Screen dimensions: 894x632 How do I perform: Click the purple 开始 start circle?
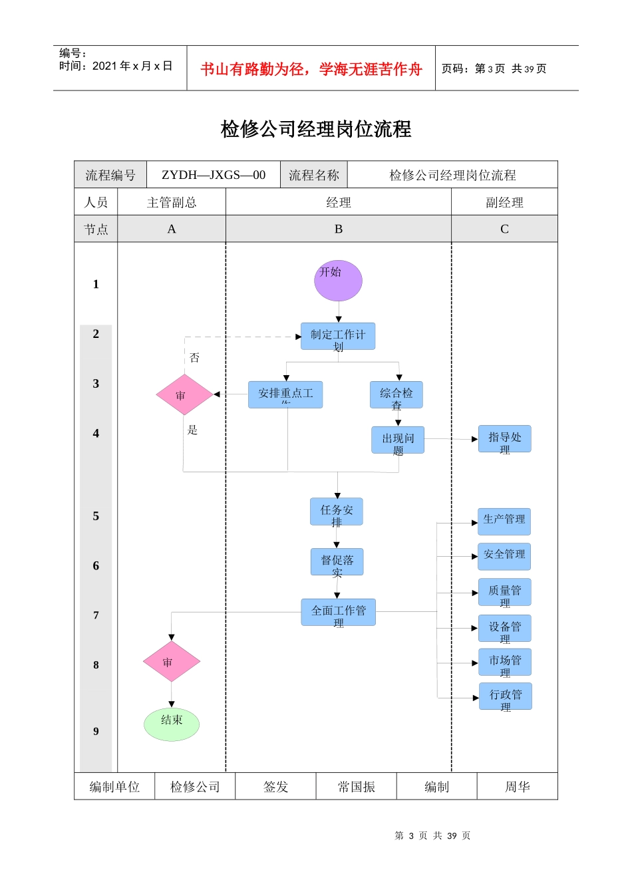338,281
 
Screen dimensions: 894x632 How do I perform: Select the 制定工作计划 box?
338,337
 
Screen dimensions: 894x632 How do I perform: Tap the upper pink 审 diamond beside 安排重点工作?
184,394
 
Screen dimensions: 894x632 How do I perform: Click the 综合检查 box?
396,395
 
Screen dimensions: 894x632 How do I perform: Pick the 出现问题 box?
398,440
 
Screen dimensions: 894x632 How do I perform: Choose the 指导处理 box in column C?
505,439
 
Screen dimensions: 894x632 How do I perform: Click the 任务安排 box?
337,512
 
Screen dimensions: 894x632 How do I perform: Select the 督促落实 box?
337,562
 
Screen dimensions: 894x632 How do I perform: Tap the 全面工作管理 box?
339,612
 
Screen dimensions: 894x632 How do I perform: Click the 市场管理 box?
505,663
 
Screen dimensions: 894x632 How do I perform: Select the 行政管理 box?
506,696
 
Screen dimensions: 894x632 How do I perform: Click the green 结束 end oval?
172,724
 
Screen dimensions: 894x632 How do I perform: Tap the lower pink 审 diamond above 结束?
172,662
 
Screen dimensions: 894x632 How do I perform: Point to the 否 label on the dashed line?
194,358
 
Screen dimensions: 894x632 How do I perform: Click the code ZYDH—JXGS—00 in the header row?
214,175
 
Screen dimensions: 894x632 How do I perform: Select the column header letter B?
339,229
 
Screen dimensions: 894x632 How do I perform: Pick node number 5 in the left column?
96,516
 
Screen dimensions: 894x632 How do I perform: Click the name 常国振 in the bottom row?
357,787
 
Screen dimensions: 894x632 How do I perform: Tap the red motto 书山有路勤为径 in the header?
311,69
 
